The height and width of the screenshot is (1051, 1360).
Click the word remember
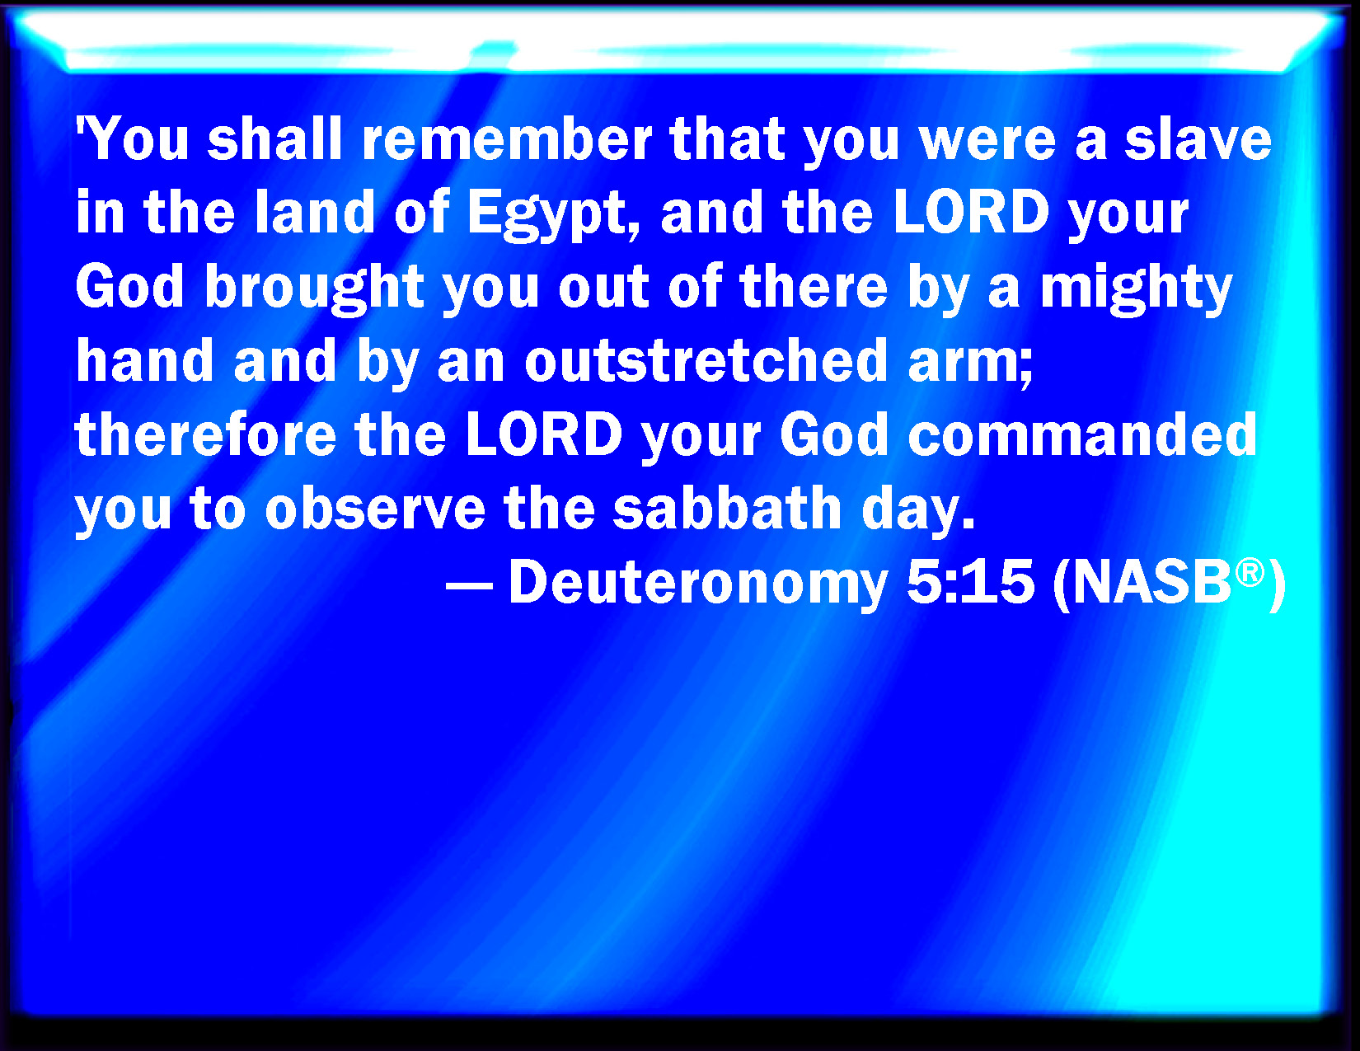pyautogui.click(x=507, y=139)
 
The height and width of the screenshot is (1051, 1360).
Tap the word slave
pyautogui.click(x=1198, y=139)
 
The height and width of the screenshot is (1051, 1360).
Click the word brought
pyautogui.click(x=315, y=290)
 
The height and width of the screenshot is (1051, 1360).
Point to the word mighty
pyautogui.click(x=1137, y=290)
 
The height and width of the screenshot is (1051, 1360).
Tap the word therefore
pyautogui.click(x=205, y=434)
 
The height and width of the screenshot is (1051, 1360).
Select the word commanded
pyautogui.click(x=1082, y=434)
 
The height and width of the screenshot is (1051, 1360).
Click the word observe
pyautogui.click(x=375, y=509)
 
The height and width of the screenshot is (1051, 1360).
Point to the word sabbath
pyautogui.click(x=727, y=509)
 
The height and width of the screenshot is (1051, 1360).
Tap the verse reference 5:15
pyautogui.click(x=971, y=582)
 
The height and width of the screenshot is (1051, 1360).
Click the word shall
pyautogui.click(x=274, y=139)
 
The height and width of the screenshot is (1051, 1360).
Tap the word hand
pyautogui.click(x=144, y=360)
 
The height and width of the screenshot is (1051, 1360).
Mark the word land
pyautogui.click(x=315, y=213)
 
